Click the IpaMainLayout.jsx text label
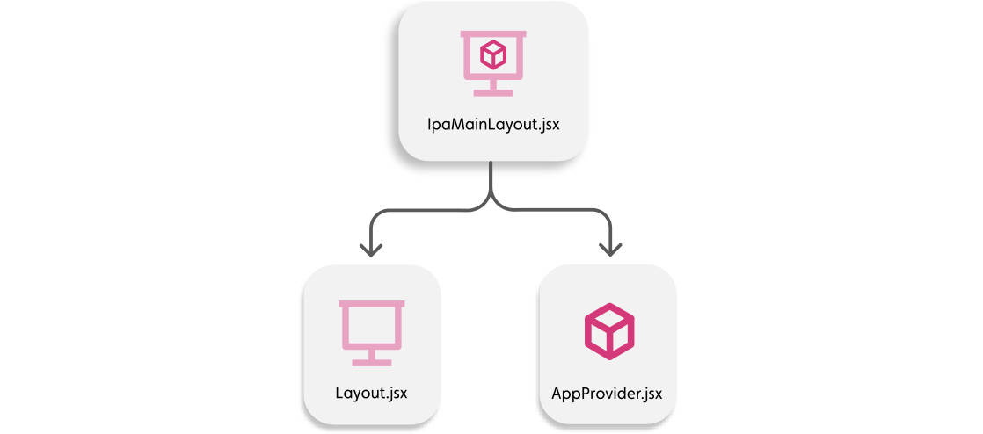point(491,124)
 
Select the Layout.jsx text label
point(371,391)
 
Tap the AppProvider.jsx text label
point(607,392)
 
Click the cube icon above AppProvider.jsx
point(608,330)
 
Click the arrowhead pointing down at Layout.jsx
point(372,249)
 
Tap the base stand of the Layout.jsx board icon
point(371,361)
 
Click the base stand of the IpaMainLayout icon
point(492,91)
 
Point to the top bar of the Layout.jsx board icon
point(371,304)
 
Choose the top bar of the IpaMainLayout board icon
point(492,34)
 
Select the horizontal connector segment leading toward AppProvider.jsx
point(554,211)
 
